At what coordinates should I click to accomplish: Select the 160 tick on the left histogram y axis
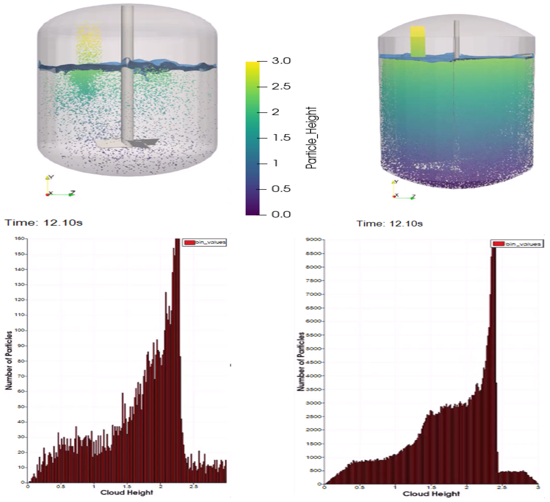pyautogui.click(x=20, y=238)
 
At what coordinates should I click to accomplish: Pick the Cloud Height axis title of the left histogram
pyautogui.click(x=127, y=492)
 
